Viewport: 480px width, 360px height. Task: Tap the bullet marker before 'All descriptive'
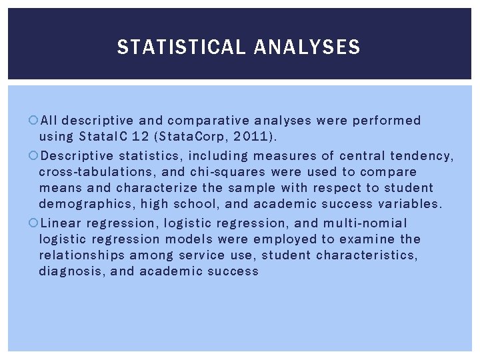click(x=34, y=121)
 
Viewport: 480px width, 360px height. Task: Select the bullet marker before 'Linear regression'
click(x=34, y=223)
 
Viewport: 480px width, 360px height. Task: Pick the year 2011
click(x=253, y=137)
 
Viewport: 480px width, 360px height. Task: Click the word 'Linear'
click(x=63, y=223)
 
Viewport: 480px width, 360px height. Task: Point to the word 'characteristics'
click(x=367, y=255)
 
